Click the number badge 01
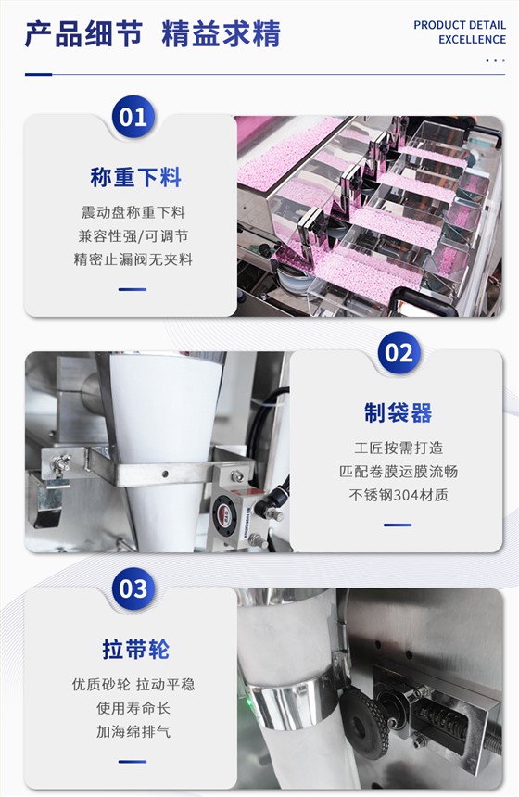[133, 117]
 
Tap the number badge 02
[399, 352]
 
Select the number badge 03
[133, 588]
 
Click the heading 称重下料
[135, 177]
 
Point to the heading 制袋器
[398, 412]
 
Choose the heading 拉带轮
[135, 649]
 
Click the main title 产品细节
[83, 34]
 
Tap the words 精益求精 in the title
[222, 34]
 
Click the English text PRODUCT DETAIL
[460, 25]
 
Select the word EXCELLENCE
[473, 39]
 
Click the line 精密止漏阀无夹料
[133, 259]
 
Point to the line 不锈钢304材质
[399, 495]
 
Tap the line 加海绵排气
[133, 731]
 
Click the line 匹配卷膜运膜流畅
[399, 471]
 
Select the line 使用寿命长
[133, 708]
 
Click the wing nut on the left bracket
[60, 463]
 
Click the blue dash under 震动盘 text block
[133, 289]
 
